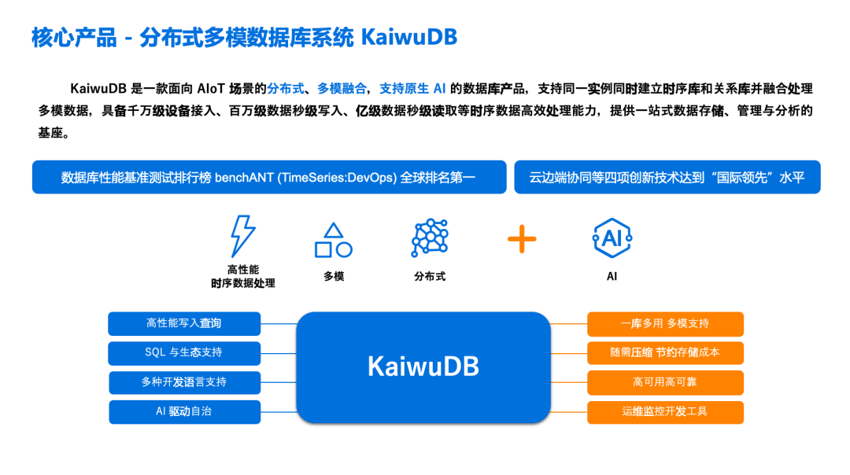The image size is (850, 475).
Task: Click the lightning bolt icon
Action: click(242, 236)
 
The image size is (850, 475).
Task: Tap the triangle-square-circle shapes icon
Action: click(333, 241)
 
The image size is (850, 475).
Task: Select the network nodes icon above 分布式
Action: click(430, 237)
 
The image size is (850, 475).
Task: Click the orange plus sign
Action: click(521, 238)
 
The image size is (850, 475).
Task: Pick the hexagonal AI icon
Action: click(612, 238)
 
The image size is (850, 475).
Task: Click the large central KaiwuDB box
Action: click(423, 367)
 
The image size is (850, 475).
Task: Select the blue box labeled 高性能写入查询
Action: click(184, 323)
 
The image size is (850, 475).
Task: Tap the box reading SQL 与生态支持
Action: click(184, 352)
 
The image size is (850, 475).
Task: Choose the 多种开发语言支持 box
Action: click(184, 382)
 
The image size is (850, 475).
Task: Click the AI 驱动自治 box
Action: click(184, 411)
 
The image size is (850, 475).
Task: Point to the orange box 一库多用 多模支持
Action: click(665, 323)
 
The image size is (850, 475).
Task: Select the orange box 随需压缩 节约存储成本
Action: click(665, 352)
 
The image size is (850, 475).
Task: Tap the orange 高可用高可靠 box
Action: click(665, 382)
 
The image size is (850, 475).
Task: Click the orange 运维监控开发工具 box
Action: click(665, 411)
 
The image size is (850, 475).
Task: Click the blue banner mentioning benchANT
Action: click(269, 177)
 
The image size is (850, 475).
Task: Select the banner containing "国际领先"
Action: click(667, 177)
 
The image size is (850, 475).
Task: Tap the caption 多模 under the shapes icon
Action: click(334, 276)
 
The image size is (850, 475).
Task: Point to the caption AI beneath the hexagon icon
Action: click(612, 276)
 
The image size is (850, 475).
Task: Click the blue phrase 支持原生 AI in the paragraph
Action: click(412, 88)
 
